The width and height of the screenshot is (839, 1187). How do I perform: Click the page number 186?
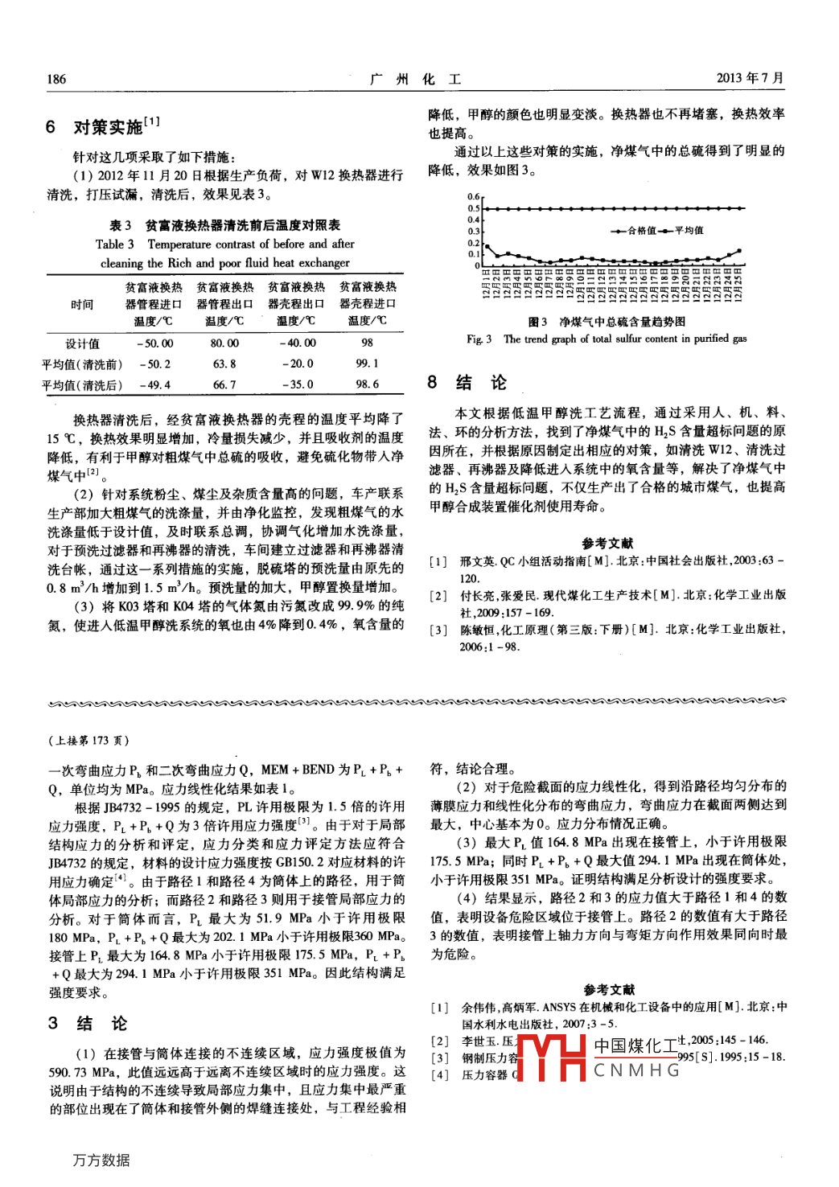(x=56, y=79)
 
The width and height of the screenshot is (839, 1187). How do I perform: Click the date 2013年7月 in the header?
(x=750, y=78)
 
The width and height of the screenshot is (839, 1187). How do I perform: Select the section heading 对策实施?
(x=108, y=127)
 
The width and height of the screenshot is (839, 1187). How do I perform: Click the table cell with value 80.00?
(x=224, y=343)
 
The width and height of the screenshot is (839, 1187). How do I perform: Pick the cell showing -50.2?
(x=154, y=363)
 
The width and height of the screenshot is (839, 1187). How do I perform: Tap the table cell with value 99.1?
(x=367, y=363)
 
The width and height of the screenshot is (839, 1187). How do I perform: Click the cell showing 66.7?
(x=224, y=384)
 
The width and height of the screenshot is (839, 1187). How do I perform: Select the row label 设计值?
(x=82, y=343)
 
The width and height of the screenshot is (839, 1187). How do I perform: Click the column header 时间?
(x=82, y=304)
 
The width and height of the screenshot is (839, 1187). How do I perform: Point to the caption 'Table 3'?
(x=114, y=244)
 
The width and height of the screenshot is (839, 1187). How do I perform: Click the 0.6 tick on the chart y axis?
(x=474, y=197)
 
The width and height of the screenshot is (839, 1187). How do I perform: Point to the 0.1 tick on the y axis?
(x=474, y=254)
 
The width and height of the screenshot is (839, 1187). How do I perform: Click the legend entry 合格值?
(x=641, y=231)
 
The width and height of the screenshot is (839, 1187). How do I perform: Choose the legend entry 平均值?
(x=689, y=231)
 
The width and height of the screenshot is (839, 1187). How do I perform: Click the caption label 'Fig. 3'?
(x=479, y=339)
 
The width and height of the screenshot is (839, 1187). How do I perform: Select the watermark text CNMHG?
(x=636, y=1070)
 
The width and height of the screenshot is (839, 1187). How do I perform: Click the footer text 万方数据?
(x=101, y=1160)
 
